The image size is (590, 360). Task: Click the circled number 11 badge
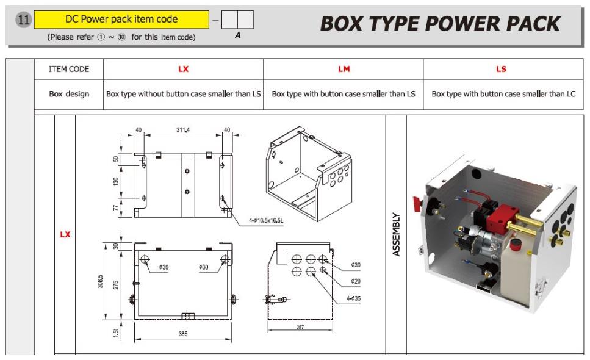pos(23,19)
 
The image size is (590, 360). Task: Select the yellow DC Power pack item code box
pos(121,20)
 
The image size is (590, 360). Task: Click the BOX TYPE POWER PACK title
pos(441,24)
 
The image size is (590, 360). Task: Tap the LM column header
pos(344,69)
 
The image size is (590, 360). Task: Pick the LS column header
pos(501,69)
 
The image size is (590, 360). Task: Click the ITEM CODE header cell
pos(69,69)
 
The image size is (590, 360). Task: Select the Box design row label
pos(69,94)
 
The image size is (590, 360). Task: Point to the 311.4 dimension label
pos(183,130)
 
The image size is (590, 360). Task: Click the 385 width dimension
pos(183,334)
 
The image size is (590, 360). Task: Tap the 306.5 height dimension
pos(100,281)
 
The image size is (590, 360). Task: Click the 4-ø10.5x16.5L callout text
pos(266,220)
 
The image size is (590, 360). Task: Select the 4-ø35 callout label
pos(353,298)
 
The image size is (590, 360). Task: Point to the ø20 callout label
pos(356,281)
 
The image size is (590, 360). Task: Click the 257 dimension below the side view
pos(300,327)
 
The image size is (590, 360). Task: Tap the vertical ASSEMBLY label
pos(396,234)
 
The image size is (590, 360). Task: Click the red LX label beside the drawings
pos(65,234)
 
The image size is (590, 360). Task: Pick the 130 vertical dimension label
pos(115,181)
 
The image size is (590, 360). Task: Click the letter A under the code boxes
pos(237,35)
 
